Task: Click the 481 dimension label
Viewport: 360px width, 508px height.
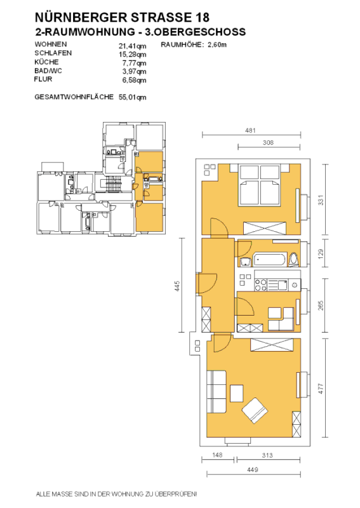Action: click(250, 130)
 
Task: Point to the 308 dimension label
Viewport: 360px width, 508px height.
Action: click(268, 142)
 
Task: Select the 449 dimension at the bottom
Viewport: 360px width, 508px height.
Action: click(253, 469)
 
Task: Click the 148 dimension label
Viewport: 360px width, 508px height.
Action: click(217, 455)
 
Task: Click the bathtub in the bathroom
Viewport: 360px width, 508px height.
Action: click(270, 260)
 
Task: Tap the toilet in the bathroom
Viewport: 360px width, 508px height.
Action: click(295, 260)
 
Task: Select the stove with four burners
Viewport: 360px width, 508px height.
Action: click(260, 285)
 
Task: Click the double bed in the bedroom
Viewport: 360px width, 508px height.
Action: click(259, 185)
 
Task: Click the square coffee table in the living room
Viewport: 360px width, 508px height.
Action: click(237, 392)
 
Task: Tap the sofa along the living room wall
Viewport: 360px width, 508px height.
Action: click(217, 392)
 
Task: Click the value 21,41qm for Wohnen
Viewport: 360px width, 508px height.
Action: click(132, 46)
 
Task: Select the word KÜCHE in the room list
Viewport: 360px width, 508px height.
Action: click(46, 62)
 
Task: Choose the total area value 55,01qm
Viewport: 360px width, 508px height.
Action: click(132, 97)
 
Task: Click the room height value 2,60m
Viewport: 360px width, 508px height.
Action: click(217, 44)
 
